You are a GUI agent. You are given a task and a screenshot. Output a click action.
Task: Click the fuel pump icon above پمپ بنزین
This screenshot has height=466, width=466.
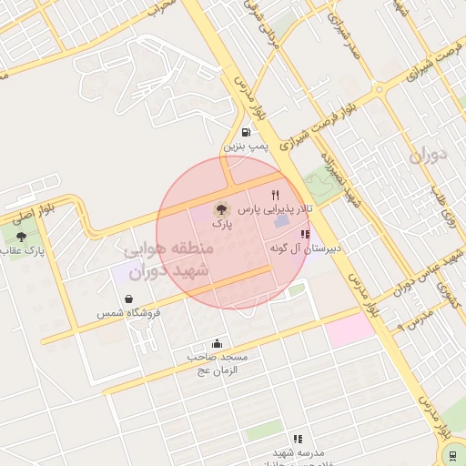point(246,131)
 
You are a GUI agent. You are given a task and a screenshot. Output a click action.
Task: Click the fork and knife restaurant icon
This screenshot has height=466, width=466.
point(275,195)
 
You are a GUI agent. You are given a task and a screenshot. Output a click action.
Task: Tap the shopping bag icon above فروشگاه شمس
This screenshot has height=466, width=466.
point(128,299)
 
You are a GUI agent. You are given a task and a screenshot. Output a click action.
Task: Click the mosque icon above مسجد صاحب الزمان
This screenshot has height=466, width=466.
point(217,344)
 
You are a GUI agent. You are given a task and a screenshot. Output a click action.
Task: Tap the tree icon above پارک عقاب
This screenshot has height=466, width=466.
point(21,237)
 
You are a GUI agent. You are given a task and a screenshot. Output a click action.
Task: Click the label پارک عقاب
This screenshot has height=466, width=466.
point(22,250)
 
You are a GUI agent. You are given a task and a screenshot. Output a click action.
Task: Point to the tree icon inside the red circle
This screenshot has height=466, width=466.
point(222,208)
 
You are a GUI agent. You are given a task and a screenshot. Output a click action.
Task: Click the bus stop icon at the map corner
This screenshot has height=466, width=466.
point(451,454)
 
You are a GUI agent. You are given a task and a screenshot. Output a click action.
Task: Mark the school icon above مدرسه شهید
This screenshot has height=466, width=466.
point(297,440)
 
